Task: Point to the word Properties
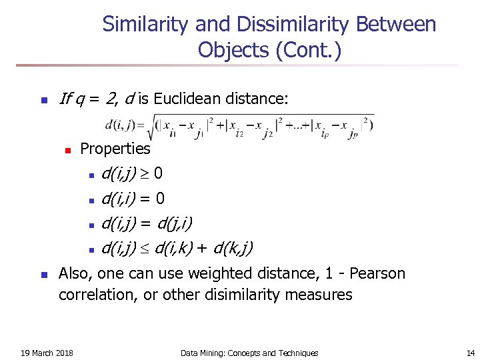click(x=115, y=148)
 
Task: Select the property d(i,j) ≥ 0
click(x=132, y=174)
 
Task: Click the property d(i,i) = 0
click(x=133, y=199)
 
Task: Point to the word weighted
click(x=219, y=273)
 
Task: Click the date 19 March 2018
click(x=47, y=353)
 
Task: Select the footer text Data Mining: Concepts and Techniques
click(x=249, y=353)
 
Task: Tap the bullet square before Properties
click(x=67, y=149)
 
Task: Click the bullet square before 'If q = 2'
click(x=43, y=101)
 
